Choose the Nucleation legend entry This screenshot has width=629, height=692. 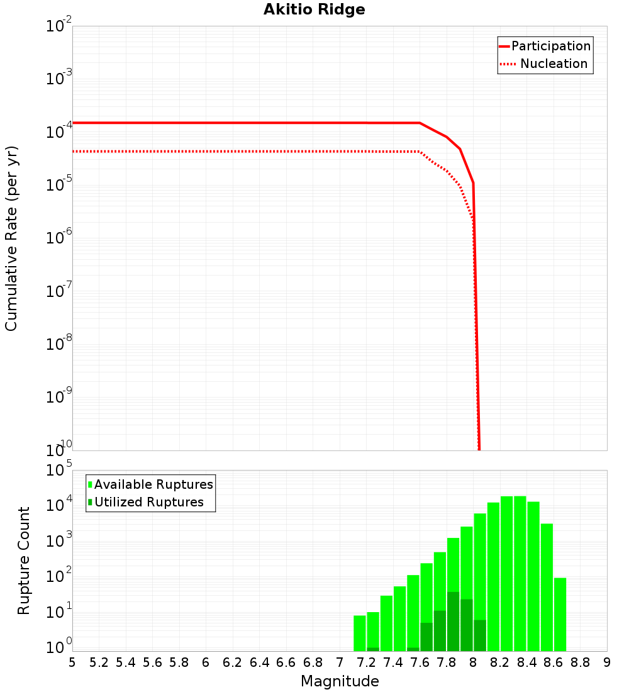554,64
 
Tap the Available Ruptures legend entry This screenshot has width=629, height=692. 153,484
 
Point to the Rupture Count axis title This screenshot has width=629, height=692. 24,560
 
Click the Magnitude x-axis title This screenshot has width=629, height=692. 340,681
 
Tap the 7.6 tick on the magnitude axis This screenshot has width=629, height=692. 420,662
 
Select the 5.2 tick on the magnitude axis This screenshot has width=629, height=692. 99,662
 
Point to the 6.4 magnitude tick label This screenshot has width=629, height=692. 259,662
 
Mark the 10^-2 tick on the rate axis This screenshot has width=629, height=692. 58,26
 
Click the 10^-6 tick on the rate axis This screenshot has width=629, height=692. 58,238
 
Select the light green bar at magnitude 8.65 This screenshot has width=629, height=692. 560,614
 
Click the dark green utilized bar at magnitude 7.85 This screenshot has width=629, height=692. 453,622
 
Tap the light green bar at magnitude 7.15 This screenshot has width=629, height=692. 359,633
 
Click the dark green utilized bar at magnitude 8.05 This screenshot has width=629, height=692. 480,635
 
